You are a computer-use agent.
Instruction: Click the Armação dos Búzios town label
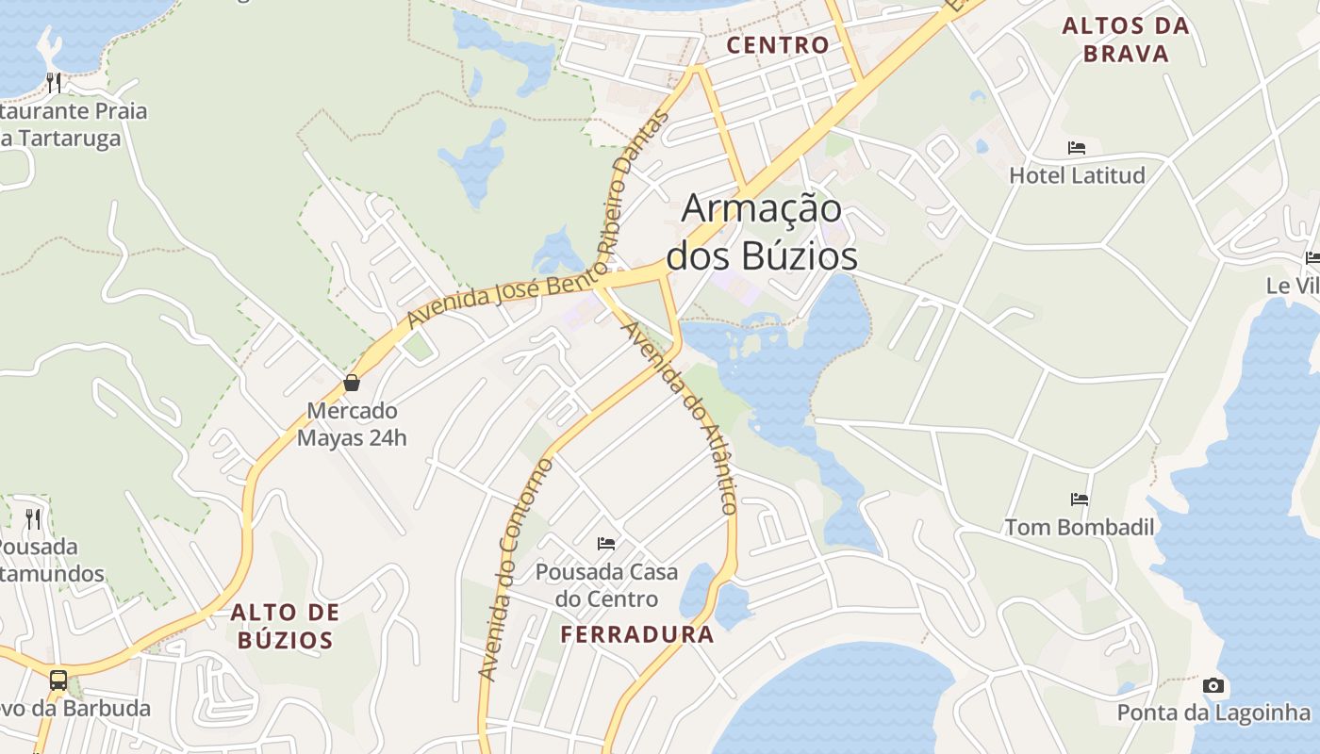click(x=762, y=232)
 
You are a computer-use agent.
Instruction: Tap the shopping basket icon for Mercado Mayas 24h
click(x=352, y=383)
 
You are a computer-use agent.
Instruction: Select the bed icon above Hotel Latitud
click(x=1077, y=148)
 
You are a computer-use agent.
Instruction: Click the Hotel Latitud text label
click(x=1077, y=175)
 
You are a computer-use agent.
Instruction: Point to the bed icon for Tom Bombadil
click(x=1080, y=500)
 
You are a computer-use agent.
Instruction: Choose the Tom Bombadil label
click(x=1080, y=527)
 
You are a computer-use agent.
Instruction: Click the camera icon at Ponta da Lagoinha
click(x=1213, y=685)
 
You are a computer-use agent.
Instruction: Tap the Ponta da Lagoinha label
click(x=1213, y=713)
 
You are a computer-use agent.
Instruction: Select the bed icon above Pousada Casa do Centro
click(x=606, y=544)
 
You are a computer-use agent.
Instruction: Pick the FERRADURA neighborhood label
click(x=637, y=634)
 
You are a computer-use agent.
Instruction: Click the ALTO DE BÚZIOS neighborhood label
click(x=285, y=627)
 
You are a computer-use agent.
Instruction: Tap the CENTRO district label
click(x=778, y=44)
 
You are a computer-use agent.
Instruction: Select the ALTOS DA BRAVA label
click(x=1126, y=40)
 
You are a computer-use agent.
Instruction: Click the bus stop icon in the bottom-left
click(x=58, y=680)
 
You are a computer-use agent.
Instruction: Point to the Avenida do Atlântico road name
click(x=681, y=418)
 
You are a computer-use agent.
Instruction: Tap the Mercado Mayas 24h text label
click(x=352, y=424)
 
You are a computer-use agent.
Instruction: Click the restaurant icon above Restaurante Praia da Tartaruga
click(x=54, y=83)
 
